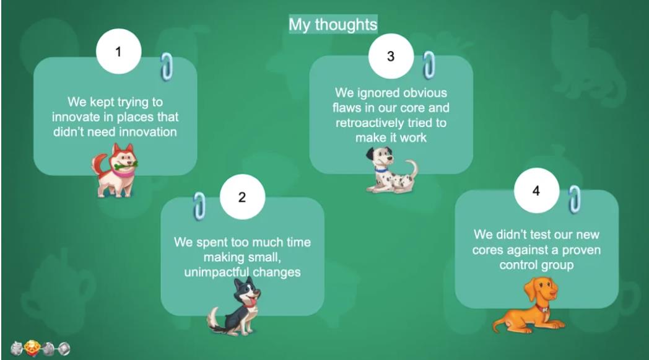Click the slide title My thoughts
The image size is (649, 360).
[x=333, y=24]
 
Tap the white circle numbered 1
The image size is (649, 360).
[x=118, y=51]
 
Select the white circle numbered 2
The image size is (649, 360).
[x=242, y=197]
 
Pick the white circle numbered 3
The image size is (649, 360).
[x=391, y=56]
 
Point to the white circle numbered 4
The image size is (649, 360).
[x=536, y=191]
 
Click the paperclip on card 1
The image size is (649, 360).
[x=167, y=66]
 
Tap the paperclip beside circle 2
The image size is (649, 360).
[x=199, y=206]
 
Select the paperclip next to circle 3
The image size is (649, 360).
[x=429, y=65]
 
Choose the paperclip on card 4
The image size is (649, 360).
[x=574, y=200]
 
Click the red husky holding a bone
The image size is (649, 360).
[x=115, y=170]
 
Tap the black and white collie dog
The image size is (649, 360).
[x=235, y=307]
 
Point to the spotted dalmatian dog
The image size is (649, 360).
[x=391, y=170]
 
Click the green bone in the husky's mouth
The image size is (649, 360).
[x=126, y=166]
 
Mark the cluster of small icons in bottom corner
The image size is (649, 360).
[x=40, y=349]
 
